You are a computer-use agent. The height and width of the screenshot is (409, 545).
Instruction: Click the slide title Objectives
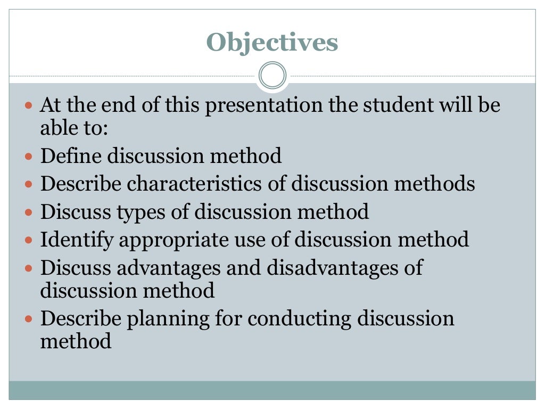tap(272, 42)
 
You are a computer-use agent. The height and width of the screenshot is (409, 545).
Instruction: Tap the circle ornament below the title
tap(272, 76)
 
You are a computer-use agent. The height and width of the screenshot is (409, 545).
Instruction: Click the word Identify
tap(77, 240)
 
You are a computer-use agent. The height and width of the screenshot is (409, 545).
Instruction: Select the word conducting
tap(300, 318)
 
